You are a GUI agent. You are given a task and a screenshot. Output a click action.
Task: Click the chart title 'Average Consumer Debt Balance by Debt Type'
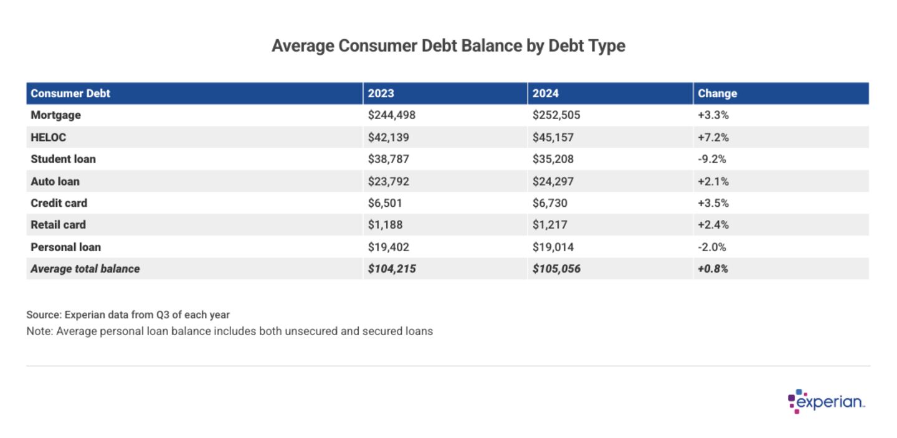448,46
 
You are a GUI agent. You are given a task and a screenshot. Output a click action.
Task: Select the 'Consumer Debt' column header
70,93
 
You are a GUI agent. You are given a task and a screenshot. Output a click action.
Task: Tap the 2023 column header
381,93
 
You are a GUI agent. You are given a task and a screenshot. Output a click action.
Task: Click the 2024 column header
546,93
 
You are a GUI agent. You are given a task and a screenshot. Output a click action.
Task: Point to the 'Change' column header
717,93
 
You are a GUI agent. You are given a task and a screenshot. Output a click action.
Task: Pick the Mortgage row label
55,115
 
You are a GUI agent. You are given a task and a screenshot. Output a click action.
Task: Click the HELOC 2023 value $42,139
389,137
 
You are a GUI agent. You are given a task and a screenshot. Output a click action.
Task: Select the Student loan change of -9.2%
711,159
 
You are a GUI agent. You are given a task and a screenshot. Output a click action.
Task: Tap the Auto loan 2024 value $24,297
553,181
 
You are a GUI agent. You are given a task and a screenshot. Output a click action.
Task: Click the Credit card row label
59,203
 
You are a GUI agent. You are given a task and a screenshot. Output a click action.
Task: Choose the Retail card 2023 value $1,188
386,225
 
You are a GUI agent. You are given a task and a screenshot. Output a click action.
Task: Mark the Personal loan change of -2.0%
712,247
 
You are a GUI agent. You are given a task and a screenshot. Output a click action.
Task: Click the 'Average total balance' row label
85,269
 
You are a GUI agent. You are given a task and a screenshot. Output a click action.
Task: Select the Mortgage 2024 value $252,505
556,115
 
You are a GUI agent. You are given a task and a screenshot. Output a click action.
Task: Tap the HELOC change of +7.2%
713,137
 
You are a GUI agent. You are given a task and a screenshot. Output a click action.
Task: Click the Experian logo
827,402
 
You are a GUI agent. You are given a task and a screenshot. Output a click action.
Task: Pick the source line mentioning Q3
128,315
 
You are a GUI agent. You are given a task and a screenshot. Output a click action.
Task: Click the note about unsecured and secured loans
229,331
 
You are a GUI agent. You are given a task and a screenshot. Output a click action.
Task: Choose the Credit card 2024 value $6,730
550,203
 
